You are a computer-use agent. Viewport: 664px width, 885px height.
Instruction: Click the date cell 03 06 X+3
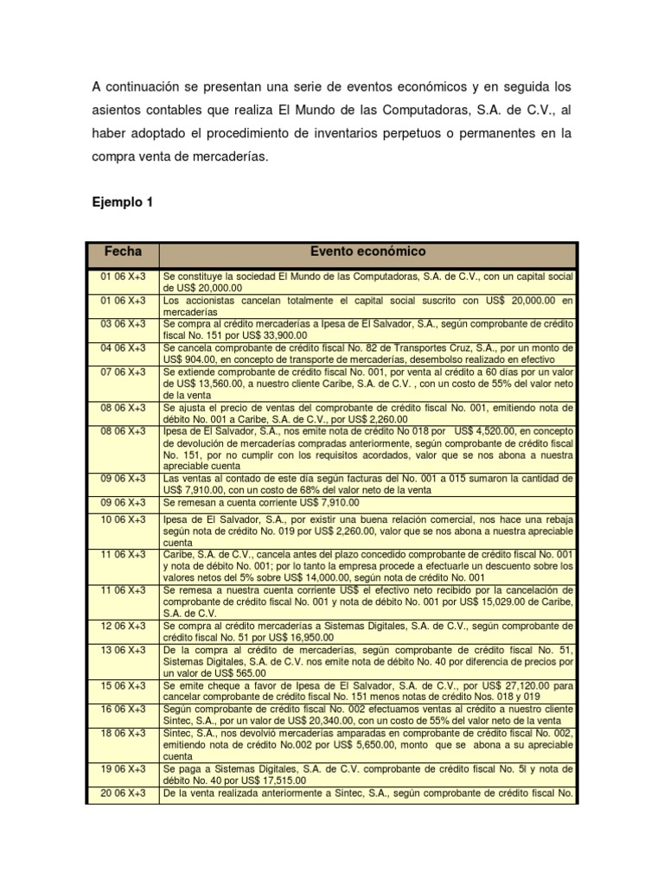(x=122, y=323)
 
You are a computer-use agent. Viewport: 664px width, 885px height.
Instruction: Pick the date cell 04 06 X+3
(x=122, y=347)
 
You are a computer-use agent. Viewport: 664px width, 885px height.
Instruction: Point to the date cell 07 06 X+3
(x=122, y=372)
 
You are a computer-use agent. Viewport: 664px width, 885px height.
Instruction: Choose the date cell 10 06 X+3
(x=122, y=519)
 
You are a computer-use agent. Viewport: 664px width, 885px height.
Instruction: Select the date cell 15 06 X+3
(x=122, y=684)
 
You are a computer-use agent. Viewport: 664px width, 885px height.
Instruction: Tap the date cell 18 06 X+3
(x=122, y=732)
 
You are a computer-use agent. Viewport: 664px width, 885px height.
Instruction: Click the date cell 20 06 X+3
(x=122, y=793)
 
